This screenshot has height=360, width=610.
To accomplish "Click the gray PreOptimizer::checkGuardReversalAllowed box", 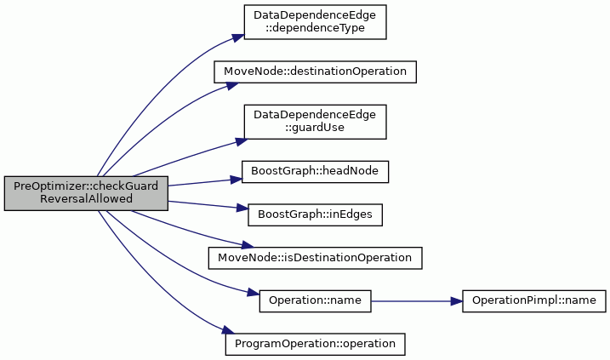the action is [x=86, y=193].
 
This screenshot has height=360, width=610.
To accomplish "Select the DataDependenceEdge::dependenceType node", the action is [x=315, y=22].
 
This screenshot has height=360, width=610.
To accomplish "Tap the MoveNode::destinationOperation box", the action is [x=315, y=72].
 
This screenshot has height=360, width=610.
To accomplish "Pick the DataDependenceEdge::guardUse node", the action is [x=315, y=122].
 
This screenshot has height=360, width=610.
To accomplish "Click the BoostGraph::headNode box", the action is [x=315, y=172].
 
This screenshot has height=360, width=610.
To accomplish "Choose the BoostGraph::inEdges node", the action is [x=315, y=214].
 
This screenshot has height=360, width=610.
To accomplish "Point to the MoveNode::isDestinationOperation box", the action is [x=315, y=258].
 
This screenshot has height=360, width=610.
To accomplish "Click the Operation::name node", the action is [x=315, y=300].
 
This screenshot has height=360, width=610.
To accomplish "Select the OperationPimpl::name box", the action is [x=534, y=300].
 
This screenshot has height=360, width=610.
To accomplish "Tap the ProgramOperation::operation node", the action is [x=315, y=344].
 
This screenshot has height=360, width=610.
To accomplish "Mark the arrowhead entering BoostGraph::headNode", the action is [x=237, y=180].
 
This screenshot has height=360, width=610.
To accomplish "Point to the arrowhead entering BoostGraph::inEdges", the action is [x=242, y=209].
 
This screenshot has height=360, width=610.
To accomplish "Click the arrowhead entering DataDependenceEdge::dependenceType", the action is [x=238, y=37].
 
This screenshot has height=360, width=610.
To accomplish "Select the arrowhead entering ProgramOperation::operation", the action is [x=229, y=330].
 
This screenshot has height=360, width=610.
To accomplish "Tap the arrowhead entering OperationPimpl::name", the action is [x=456, y=301].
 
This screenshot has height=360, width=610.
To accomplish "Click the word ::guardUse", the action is [x=315, y=128].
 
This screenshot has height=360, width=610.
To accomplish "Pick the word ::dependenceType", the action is [x=315, y=28].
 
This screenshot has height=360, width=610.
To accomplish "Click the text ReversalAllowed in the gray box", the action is [x=86, y=199].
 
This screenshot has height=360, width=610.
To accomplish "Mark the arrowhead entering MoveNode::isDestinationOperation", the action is [x=248, y=245].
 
